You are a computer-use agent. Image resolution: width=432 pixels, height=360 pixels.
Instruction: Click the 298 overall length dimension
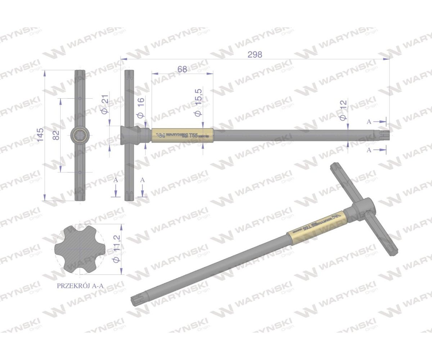coord(255,54)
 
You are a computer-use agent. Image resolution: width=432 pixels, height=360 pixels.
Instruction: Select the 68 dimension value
coord(182,69)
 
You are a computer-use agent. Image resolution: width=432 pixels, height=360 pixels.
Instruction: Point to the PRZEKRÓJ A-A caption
coord(80,286)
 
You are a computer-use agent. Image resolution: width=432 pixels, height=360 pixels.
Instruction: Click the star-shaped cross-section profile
coord(80,249)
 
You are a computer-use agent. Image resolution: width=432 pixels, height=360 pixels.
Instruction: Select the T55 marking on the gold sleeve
coord(193,136)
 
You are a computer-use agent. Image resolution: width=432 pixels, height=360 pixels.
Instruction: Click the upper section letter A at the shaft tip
coord(369,122)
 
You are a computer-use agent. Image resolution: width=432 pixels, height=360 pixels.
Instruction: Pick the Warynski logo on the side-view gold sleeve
coord(161,135)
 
